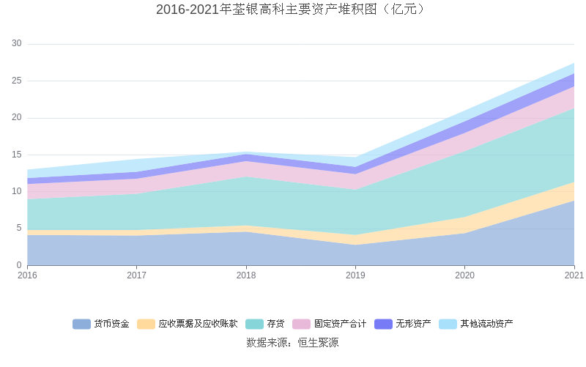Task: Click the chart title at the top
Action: coord(292,10)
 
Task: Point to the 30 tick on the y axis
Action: coord(17,44)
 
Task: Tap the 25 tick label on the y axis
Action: coord(17,81)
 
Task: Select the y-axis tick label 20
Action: coord(17,118)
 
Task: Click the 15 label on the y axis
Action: coord(17,155)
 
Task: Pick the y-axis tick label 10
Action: coord(17,191)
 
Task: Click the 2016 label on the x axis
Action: coord(27,275)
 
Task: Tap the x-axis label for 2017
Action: coord(136,275)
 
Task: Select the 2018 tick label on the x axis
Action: coord(246,275)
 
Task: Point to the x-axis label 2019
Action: coord(355,275)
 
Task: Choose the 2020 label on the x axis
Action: coord(465,275)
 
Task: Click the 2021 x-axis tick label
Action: coord(574,275)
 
